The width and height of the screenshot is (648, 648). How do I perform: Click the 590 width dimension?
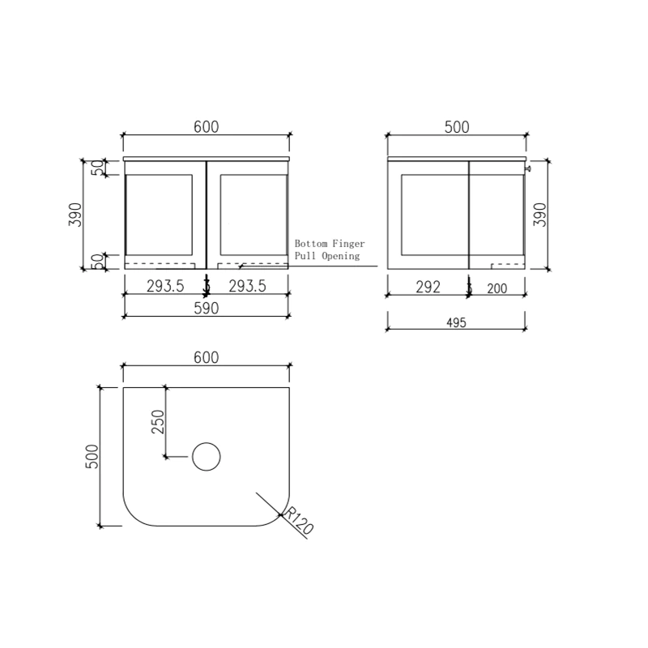pos(205,309)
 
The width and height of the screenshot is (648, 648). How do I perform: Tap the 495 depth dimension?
pos(456,322)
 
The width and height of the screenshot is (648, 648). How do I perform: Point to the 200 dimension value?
pos(497,288)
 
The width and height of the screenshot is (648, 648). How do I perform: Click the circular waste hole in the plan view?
pos(207,458)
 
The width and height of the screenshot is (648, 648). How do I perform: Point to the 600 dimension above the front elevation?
pos(205,127)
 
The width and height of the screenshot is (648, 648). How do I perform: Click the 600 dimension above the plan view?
pos(205,358)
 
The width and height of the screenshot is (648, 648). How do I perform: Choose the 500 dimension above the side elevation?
pos(456,127)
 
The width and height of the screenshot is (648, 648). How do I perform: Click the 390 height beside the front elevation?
pos(75,215)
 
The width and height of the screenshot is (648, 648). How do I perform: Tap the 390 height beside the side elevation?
pos(541,215)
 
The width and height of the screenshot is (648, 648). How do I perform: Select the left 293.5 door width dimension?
pos(166,287)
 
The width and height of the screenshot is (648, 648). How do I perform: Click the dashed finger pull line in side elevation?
pos(507,264)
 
